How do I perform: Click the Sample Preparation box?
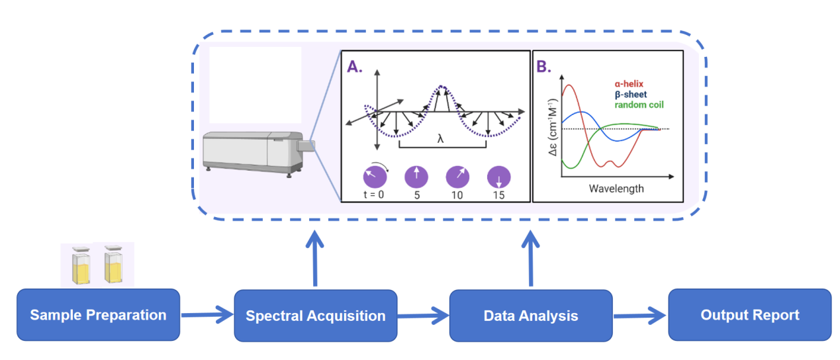(98, 315)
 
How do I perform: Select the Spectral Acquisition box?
(316, 316)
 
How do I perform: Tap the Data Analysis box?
(531, 316)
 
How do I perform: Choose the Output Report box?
(749, 315)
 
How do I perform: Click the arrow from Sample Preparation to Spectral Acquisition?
(207, 316)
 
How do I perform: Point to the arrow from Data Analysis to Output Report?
(639, 316)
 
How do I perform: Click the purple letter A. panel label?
(355, 66)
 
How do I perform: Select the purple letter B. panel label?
(545, 66)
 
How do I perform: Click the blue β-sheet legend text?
(631, 95)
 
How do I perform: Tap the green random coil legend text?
(639, 105)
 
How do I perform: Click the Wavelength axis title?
(616, 189)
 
